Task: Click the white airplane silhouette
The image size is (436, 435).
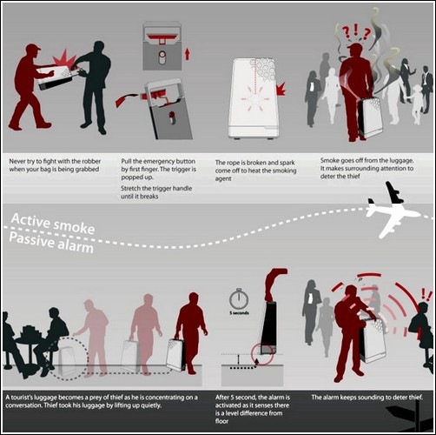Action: pos(391,211)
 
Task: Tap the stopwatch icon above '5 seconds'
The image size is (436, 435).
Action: pos(239,298)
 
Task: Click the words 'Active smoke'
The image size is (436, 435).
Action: pos(53,224)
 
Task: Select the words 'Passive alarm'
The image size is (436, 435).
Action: pos(51,243)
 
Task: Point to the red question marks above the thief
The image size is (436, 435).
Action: pos(356,31)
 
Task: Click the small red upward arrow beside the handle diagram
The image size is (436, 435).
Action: pos(188,54)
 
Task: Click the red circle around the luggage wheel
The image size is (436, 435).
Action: pos(262,354)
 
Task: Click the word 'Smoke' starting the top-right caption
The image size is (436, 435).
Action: pos(329,160)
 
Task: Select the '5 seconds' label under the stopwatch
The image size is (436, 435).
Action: pos(239,313)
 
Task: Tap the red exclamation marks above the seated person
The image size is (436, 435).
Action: pos(426,294)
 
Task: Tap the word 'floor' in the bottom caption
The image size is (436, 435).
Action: pos(221,421)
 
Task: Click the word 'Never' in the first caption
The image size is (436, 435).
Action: pos(17,161)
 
